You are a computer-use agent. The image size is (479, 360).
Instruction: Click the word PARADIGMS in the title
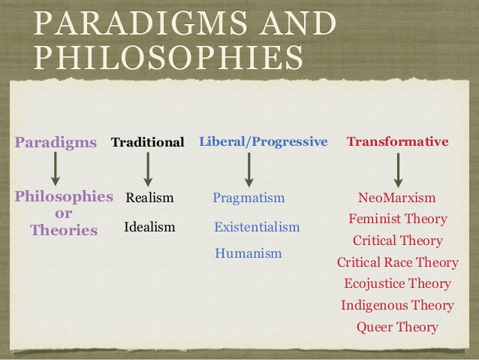point(140,23)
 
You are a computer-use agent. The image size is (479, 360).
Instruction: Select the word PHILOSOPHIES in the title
point(168,57)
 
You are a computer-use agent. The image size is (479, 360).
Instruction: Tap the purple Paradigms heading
point(56,143)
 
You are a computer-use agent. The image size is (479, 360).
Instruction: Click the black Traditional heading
point(148,142)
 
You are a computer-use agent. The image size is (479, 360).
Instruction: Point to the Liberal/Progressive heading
point(264,141)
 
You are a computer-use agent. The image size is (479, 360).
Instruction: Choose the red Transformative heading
point(397,141)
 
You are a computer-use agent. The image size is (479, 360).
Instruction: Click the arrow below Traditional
point(148,169)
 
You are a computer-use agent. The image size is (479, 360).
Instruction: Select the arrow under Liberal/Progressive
point(249,170)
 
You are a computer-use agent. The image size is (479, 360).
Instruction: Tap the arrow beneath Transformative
point(398,171)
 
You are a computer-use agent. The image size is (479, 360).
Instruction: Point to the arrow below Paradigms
point(56,169)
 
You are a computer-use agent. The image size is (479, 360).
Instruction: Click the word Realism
point(149,198)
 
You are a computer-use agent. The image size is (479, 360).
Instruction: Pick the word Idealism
point(149,227)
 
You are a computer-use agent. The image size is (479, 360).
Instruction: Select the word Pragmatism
point(249,198)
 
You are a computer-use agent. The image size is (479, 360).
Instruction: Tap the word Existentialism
point(257,227)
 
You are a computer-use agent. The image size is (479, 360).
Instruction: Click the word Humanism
point(249,253)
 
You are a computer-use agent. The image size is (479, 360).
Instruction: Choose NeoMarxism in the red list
point(397,198)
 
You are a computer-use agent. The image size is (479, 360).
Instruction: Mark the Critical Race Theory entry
point(398,262)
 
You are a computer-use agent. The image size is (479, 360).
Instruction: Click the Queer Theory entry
point(397,327)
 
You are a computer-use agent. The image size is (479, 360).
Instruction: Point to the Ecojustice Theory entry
point(397,284)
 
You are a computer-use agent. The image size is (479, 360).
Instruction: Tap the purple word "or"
point(64,213)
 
